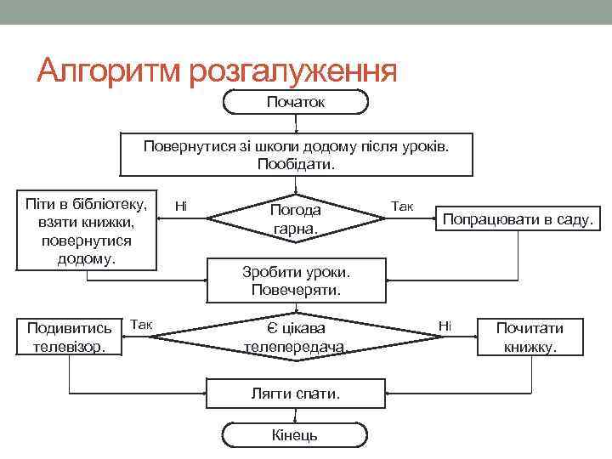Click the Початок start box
pos(295,102)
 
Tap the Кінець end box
pos(295,434)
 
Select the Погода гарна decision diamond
pos(295,219)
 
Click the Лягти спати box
pos(295,394)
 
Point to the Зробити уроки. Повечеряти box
pos(295,280)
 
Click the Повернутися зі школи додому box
pos(295,154)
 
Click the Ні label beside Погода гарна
pos(180,206)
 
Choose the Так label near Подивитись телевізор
pos(140,324)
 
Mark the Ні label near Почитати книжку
pos(445,324)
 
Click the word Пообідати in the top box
pos(295,163)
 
